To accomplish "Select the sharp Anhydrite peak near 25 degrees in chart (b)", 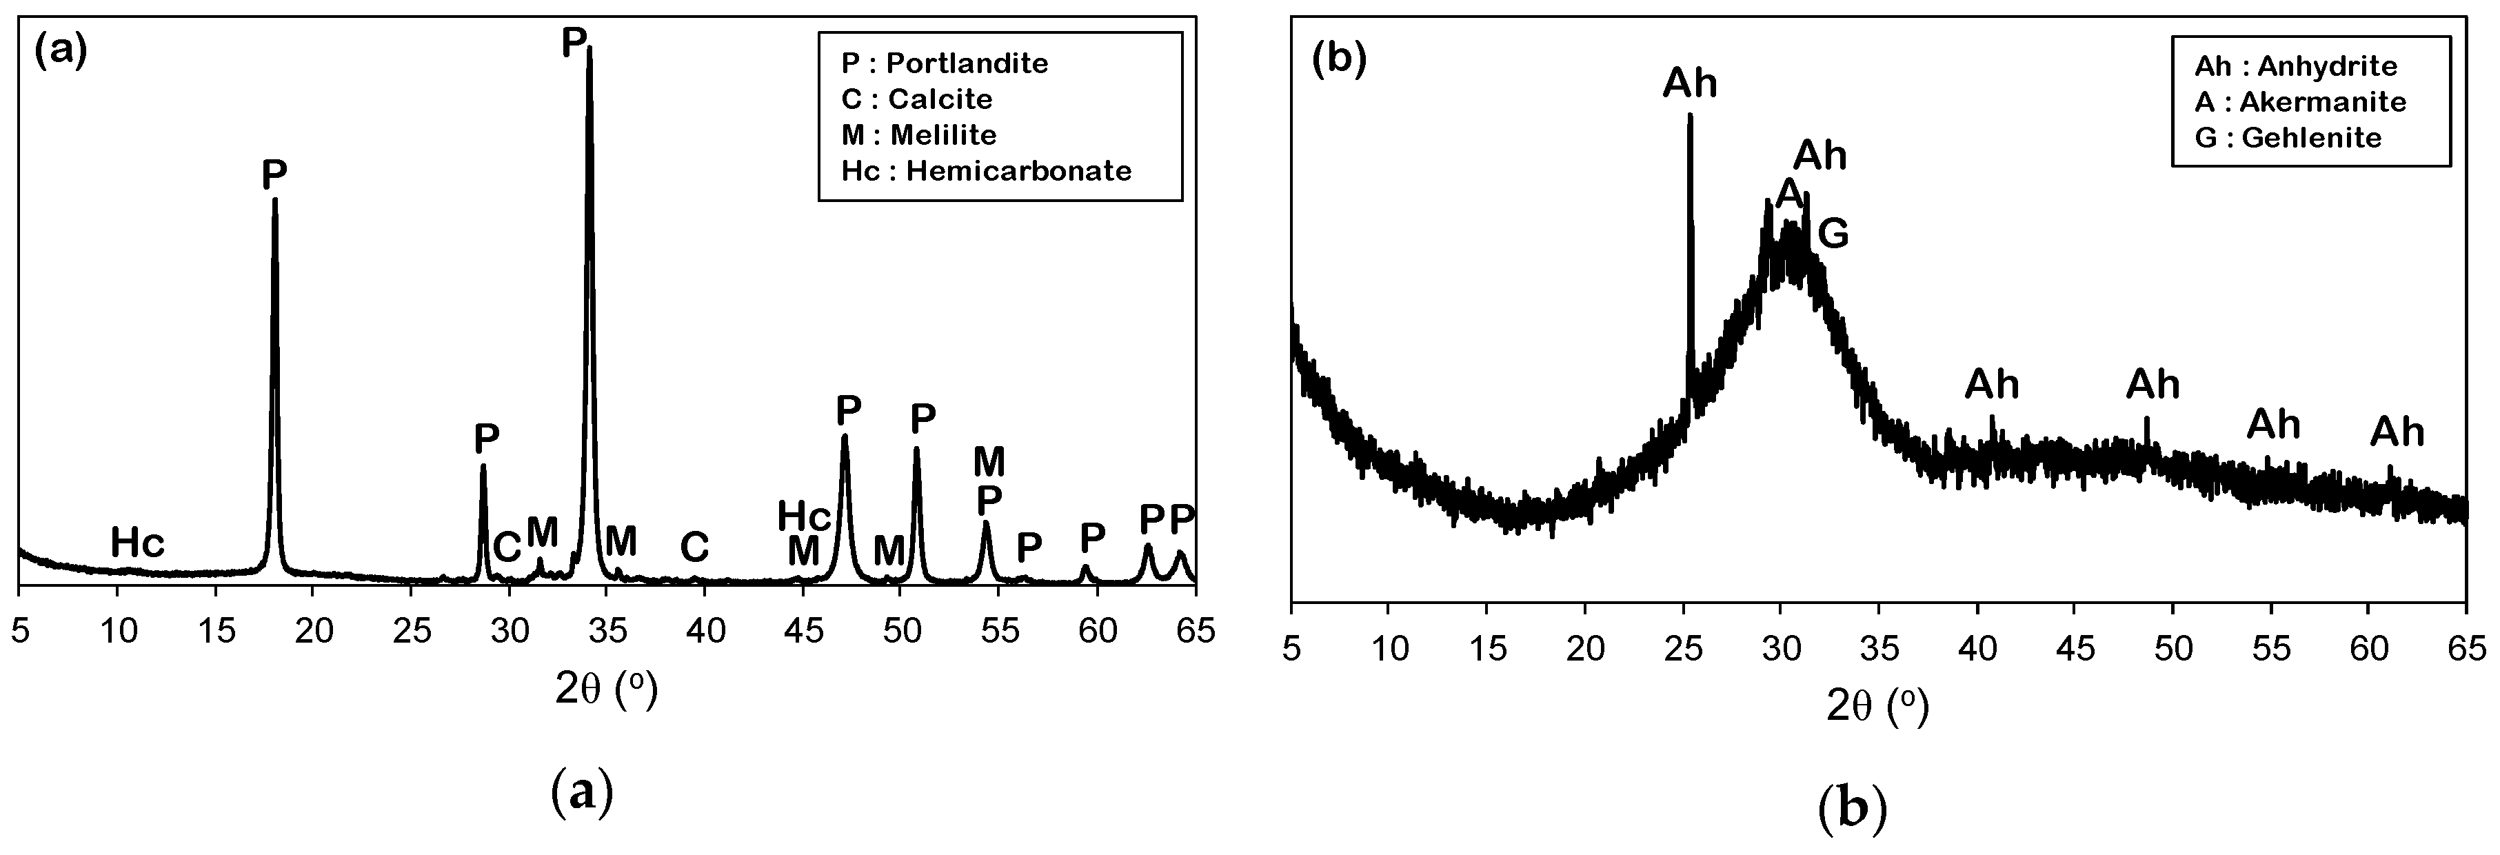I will [x=1690, y=117].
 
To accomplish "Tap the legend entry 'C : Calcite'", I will [x=916, y=99].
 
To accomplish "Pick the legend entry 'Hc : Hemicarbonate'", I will [x=986, y=171].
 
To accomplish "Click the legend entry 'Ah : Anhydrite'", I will [x=2295, y=66].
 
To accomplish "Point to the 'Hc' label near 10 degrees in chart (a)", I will [x=137, y=543].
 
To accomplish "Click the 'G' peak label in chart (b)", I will [x=1833, y=234].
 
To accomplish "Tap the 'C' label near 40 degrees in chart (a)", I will [x=694, y=547].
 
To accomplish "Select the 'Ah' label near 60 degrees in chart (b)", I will [x=2397, y=432].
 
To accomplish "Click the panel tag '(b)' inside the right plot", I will [x=1338, y=60].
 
